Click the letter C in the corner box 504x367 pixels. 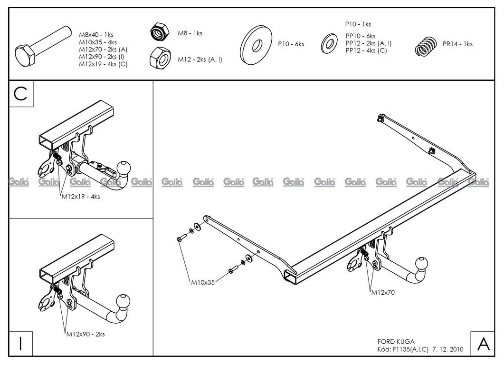(x=20, y=94)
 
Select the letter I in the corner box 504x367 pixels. (x=20, y=344)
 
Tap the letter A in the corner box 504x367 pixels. (x=483, y=344)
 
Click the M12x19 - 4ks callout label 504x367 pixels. (x=84, y=196)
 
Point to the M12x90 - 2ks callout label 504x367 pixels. (x=86, y=334)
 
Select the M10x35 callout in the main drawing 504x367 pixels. (x=203, y=282)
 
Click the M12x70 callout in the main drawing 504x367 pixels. (x=382, y=292)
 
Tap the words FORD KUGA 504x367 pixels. (x=396, y=341)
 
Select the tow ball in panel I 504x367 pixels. (x=123, y=301)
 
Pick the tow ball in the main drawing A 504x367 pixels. (x=422, y=264)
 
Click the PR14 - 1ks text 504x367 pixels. (x=457, y=44)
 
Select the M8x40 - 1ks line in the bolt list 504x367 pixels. (x=95, y=35)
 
